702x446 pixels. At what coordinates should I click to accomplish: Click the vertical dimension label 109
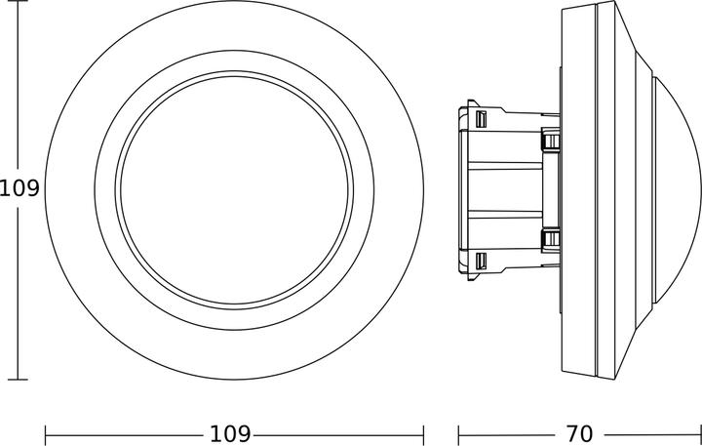pyautogui.click(x=19, y=188)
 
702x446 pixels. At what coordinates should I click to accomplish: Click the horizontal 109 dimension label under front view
pyautogui.click(x=230, y=432)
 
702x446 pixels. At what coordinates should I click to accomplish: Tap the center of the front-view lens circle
pyautogui.click(x=234, y=188)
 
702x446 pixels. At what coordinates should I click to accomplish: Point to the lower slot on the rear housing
pyautogui.click(x=481, y=261)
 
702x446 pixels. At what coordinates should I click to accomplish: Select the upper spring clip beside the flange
pyautogui.click(x=552, y=141)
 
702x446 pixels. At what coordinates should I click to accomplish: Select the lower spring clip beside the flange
pyautogui.click(x=552, y=238)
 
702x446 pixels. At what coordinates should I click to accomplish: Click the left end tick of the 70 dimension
pyautogui.click(x=459, y=432)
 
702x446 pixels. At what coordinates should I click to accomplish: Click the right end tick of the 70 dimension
pyautogui.click(x=700, y=432)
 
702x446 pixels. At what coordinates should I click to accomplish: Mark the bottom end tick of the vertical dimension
pyautogui.click(x=13, y=379)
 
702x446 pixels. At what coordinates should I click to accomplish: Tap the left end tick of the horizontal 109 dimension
pyautogui.click(x=46, y=432)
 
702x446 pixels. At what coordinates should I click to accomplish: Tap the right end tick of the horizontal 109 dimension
pyautogui.click(x=423, y=432)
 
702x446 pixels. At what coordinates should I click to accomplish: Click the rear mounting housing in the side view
pyautogui.click(x=502, y=188)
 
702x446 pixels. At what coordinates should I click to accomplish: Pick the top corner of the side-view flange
pyautogui.click(x=565, y=6)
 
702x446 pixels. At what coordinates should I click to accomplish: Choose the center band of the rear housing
pyautogui.click(x=507, y=188)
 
